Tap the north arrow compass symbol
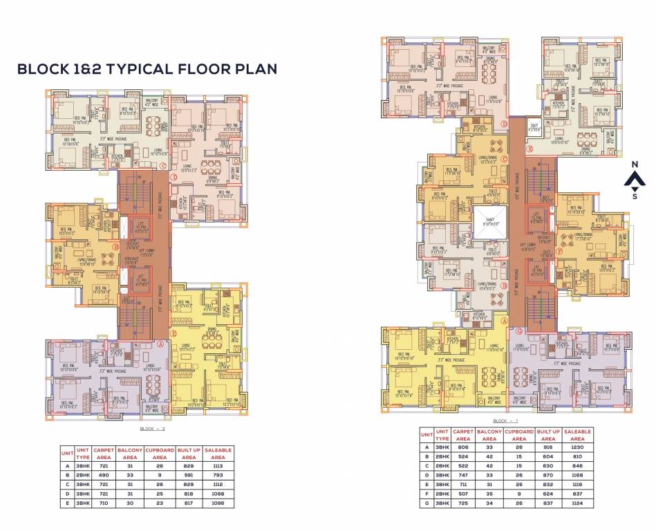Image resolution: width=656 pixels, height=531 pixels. click(635, 180)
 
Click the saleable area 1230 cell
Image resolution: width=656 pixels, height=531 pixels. click(579, 447)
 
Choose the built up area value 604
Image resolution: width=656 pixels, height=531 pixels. click(548, 456)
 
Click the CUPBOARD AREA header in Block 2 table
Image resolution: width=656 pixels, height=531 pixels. click(160, 454)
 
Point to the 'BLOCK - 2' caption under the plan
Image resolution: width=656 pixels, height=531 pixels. click(147, 429)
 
